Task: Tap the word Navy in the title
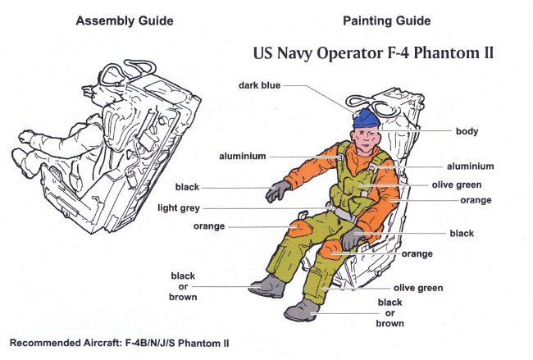coord(302,55)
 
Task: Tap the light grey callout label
coord(179,208)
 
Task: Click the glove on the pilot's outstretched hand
coord(278,192)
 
